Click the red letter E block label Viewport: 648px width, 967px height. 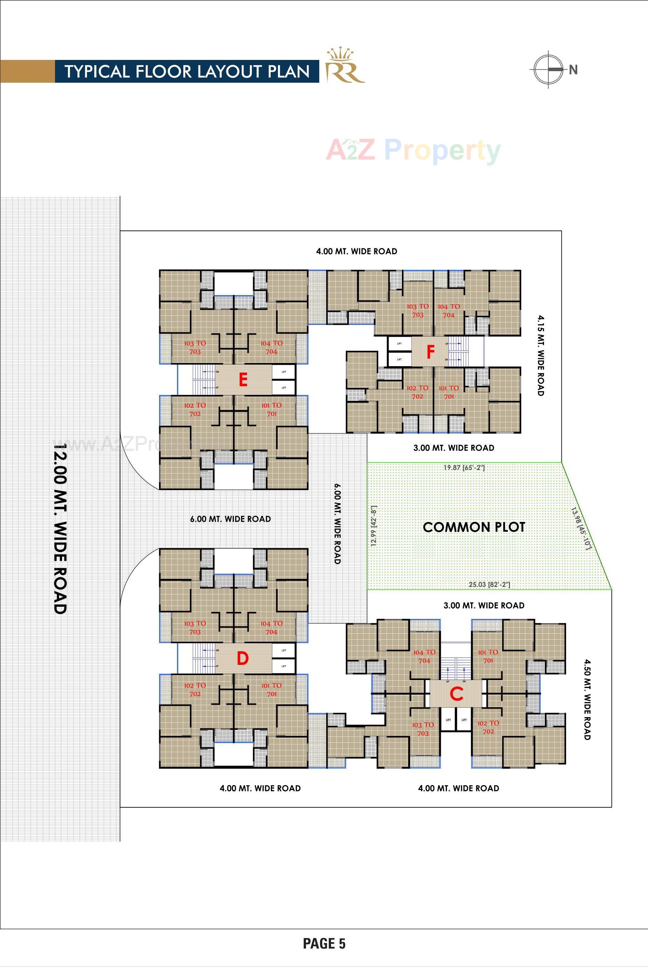[243, 379]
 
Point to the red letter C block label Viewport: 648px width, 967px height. [456, 694]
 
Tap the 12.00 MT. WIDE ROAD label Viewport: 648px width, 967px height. [60, 529]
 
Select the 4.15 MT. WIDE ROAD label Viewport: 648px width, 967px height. [540, 355]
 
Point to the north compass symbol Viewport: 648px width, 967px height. [549, 69]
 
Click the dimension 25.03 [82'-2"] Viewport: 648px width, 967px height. [489, 585]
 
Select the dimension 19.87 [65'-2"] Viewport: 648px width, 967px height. [464, 468]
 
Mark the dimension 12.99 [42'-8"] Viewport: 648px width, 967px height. [374, 526]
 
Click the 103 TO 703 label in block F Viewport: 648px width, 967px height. [417, 310]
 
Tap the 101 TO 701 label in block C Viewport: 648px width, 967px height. [488, 656]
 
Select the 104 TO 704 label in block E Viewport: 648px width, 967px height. [271, 347]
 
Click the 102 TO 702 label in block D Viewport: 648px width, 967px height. [195, 689]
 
